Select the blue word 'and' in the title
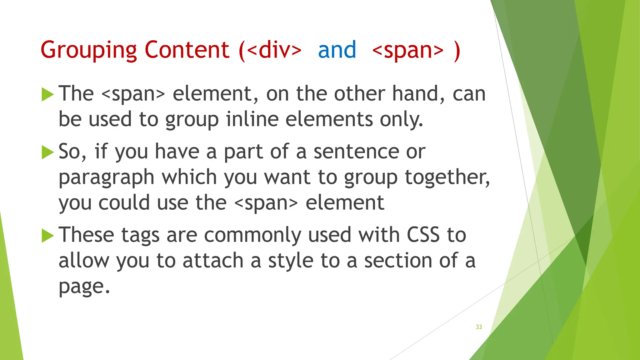pyautogui.click(x=337, y=50)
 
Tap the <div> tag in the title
pyautogui.click(x=274, y=50)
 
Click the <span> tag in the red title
pyautogui.click(x=408, y=50)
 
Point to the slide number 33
pyautogui.click(x=479, y=327)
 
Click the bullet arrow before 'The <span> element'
pyautogui.click(x=47, y=94)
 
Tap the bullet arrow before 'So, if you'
pyautogui.click(x=47, y=152)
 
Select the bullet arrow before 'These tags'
pyautogui.click(x=47, y=235)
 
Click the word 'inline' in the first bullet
pyautogui.click(x=252, y=119)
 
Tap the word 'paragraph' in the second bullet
pyautogui.click(x=107, y=178)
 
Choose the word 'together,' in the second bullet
pyautogui.click(x=447, y=177)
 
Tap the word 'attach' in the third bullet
pyautogui.click(x=213, y=261)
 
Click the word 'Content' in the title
pyautogui.click(x=187, y=50)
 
